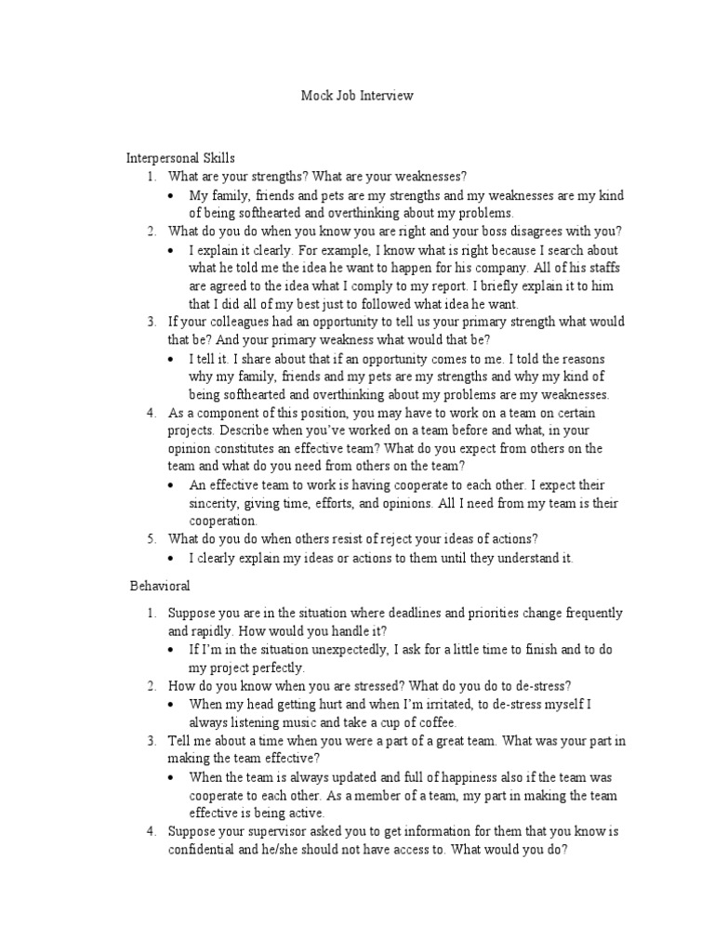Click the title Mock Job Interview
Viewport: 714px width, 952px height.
coord(357,95)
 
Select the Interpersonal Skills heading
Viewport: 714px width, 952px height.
coord(180,159)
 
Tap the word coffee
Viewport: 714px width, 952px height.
coord(434,722)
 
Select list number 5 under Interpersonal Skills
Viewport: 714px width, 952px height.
coord(152,539)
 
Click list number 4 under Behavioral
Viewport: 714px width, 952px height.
coord(152,831)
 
